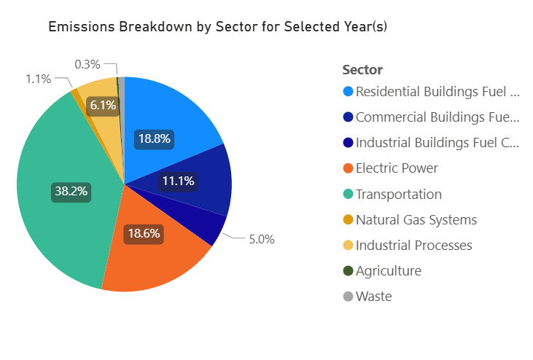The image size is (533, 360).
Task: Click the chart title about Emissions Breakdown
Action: click(x=217, y=28)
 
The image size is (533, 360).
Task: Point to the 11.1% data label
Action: click(x=178, y=181)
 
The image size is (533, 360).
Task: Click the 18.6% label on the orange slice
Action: click(x=143, y=235)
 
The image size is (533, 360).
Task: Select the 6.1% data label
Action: click(x=102, y=106)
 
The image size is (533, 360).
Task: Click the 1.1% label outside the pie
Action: click(x=38, y=79)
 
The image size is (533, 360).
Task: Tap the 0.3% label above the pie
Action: click(x=87, y=64)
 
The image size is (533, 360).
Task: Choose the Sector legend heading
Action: click(x=362, y=70)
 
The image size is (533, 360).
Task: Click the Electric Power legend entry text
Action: click(x=397, y=168)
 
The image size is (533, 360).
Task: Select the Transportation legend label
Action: click(x=399, y=194)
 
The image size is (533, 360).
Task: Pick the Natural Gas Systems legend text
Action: click(x=416, y=219)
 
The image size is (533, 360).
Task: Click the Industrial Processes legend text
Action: click(x=413, y=245)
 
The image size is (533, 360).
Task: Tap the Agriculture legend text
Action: click(x=389, y=271)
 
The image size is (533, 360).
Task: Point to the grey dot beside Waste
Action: click(x=348, y=297)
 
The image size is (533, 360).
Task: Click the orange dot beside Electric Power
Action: click(x=348, y=168)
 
